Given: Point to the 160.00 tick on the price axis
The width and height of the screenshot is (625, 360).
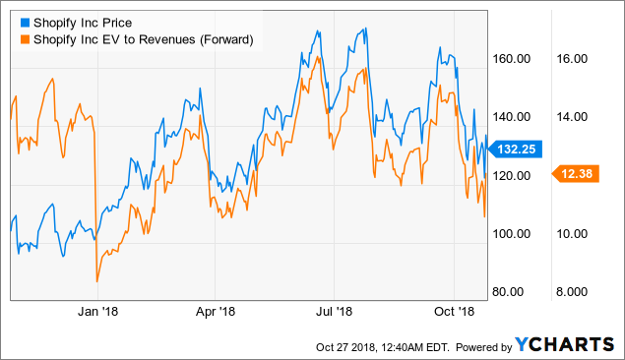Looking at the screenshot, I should pos(513,58).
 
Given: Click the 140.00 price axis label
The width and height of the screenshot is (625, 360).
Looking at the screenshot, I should pos(513,117).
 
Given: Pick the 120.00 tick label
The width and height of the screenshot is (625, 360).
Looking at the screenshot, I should pos(513,175).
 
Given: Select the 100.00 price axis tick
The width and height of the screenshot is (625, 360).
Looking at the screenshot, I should pos(513,234).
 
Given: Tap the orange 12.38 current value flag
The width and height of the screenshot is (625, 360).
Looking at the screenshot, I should pos(578,174).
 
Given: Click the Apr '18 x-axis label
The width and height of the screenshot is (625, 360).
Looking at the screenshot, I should pos(215,310).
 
